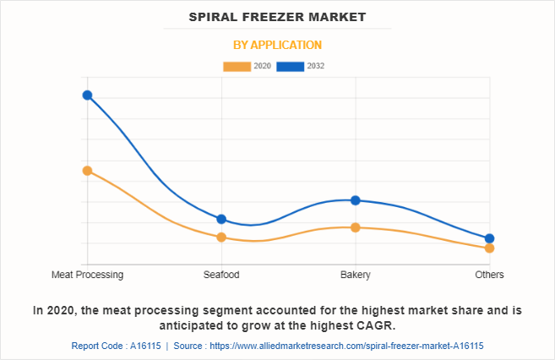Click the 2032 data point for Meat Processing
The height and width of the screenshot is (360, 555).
click(87, 95)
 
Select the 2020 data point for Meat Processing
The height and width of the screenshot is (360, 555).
click(87, 171)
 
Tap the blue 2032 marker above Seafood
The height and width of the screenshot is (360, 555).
click(221, 219)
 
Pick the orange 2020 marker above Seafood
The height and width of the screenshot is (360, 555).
click(221, 237)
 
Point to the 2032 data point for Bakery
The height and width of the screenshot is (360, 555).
click(356, 200)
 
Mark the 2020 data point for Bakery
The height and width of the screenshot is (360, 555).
click(356, 227)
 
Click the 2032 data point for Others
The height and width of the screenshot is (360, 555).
click(490, 238)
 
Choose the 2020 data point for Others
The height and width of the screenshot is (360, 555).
click(490, 248)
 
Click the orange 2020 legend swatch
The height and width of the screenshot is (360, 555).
click(237, 66)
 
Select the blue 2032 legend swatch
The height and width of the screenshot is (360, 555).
click(291, 66)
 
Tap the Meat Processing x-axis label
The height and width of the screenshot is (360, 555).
click(87, 275)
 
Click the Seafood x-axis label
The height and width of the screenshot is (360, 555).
click(221, 275)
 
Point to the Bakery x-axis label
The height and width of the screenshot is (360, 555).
click(356, 275)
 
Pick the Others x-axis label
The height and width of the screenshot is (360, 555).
click(490, 275)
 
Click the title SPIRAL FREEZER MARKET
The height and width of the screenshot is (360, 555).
click(277, 17)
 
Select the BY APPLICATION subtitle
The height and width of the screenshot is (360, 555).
click(277, 45)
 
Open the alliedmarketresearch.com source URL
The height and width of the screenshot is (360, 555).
click(346, 346)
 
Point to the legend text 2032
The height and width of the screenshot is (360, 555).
click(315, 66)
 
